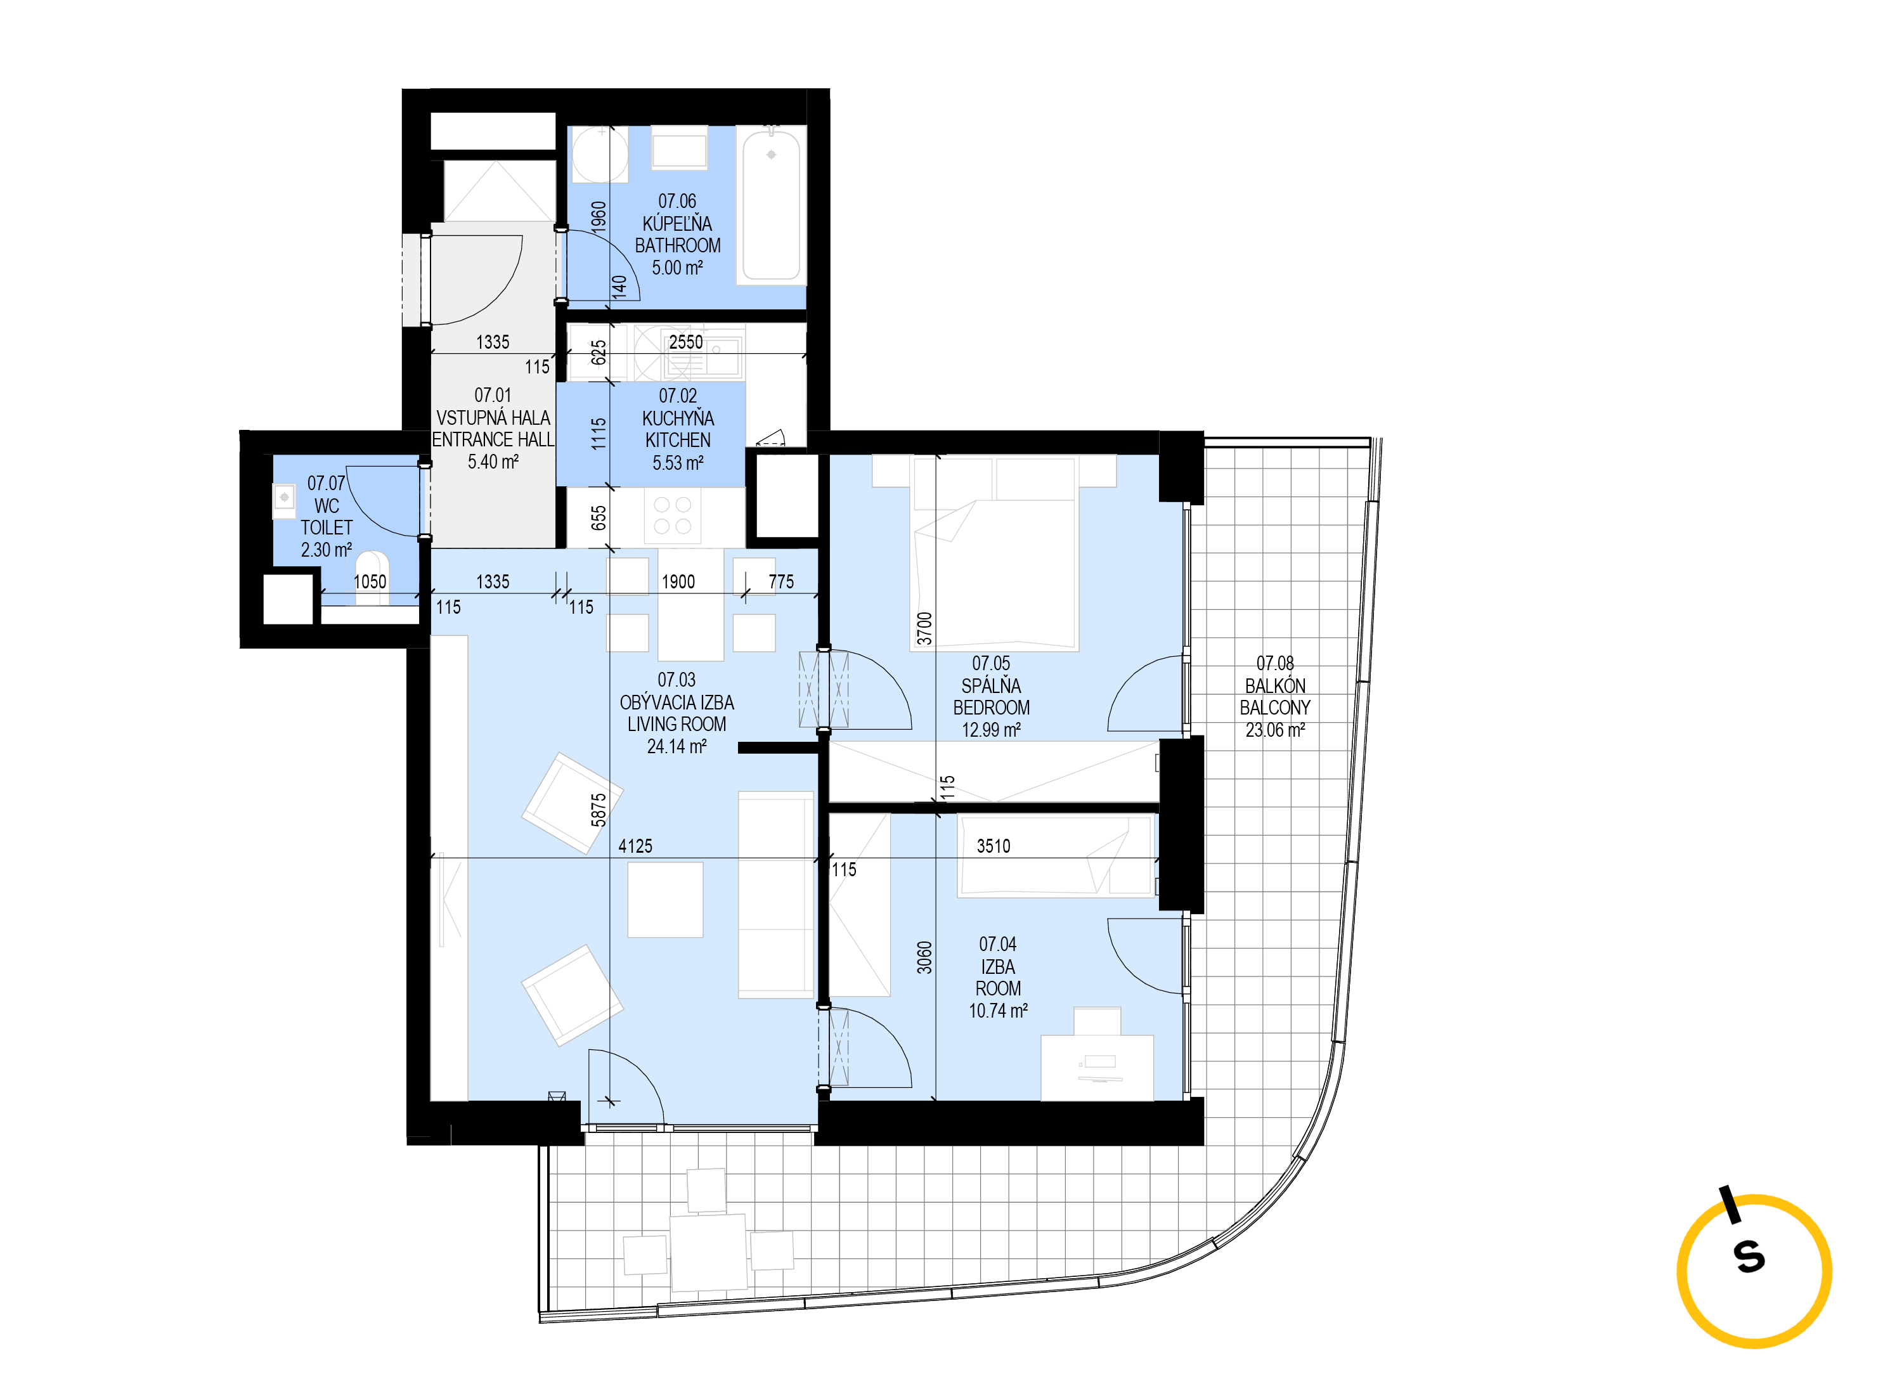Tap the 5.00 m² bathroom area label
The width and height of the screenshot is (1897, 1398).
click(677, 268)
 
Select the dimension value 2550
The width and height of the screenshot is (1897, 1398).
click(685, 342)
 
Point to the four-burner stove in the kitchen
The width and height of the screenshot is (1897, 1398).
click(673, 515)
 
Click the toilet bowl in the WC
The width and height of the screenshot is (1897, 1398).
click(372, 577)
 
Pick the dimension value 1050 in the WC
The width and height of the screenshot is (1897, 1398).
click(370, 581)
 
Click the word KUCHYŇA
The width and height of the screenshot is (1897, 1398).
click(678, 418)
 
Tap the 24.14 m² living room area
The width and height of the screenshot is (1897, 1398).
click(677, 746)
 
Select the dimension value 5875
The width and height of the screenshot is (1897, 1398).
click(599, 810)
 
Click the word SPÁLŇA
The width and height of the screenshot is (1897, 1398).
click(991, 685)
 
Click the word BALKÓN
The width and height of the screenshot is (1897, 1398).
click(1275, 685)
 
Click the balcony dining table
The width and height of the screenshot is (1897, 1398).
click(708, 1252)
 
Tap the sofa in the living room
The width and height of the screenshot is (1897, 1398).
click(776, 895)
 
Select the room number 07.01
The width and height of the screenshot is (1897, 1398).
click(493, 395)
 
